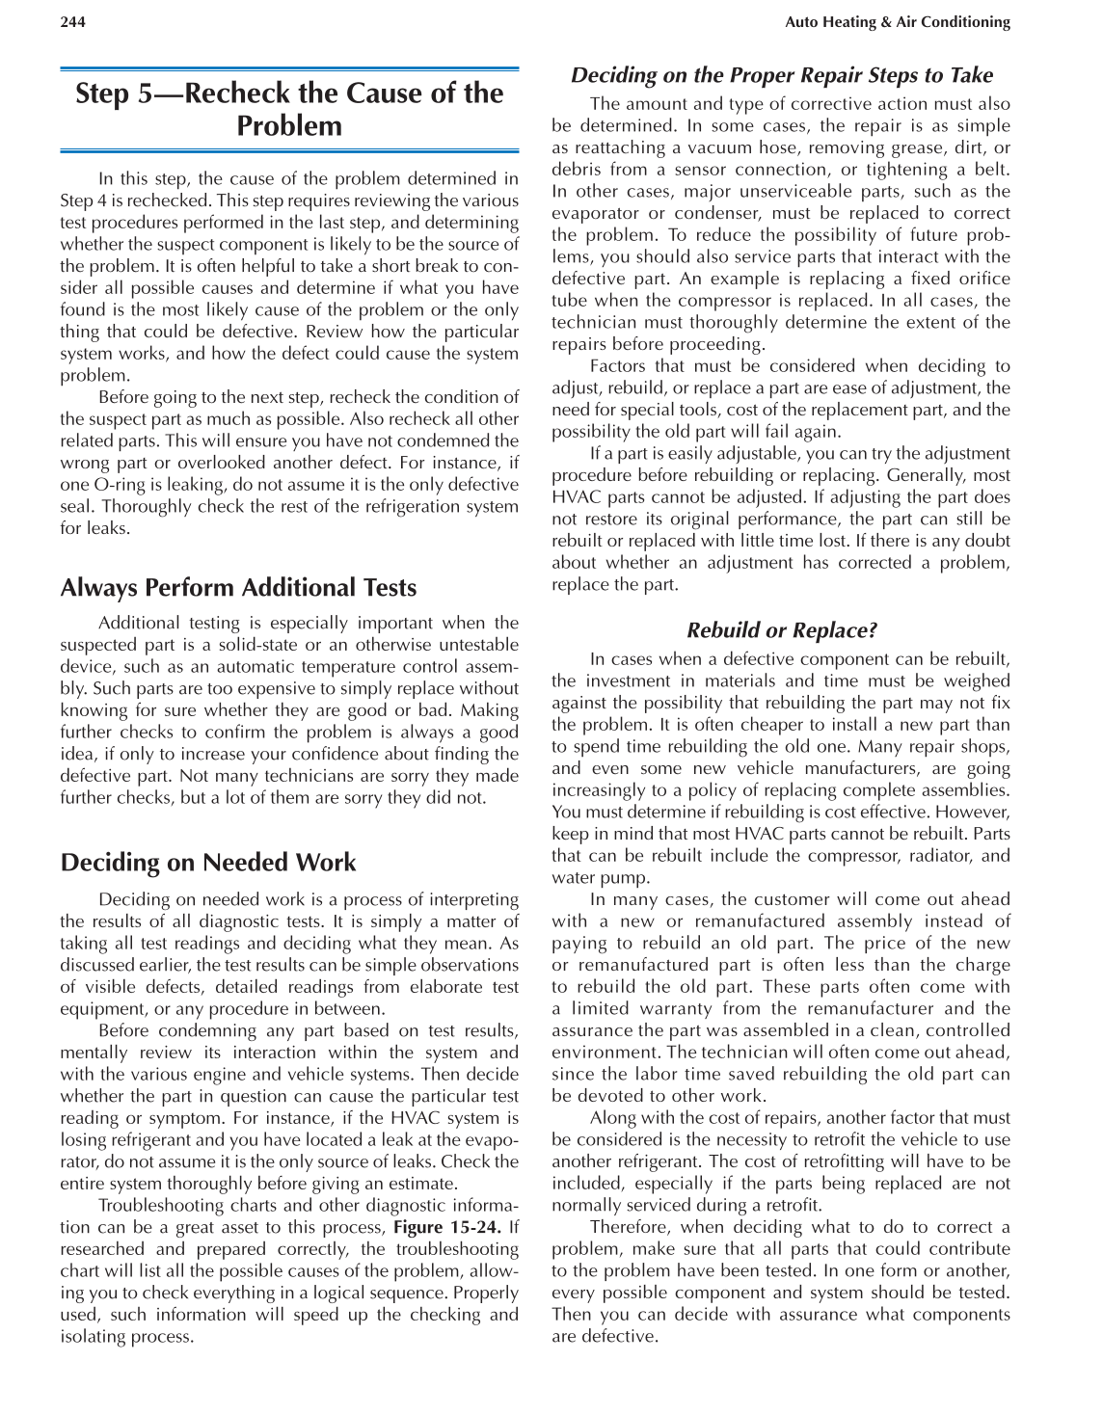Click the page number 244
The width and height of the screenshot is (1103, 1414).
pos(72,22)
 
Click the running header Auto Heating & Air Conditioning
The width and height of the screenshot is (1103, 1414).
pos(897,22)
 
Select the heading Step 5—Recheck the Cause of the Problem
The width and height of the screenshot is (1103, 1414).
pos(289,109)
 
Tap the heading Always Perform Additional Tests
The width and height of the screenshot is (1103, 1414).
pos(238,588)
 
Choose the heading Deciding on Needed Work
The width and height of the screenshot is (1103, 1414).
pos(207,863)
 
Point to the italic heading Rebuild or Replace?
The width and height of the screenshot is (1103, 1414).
pos(781,630)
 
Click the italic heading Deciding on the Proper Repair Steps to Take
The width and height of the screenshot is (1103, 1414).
pos(781,75)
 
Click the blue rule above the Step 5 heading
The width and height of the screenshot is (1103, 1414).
pos(289,69)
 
